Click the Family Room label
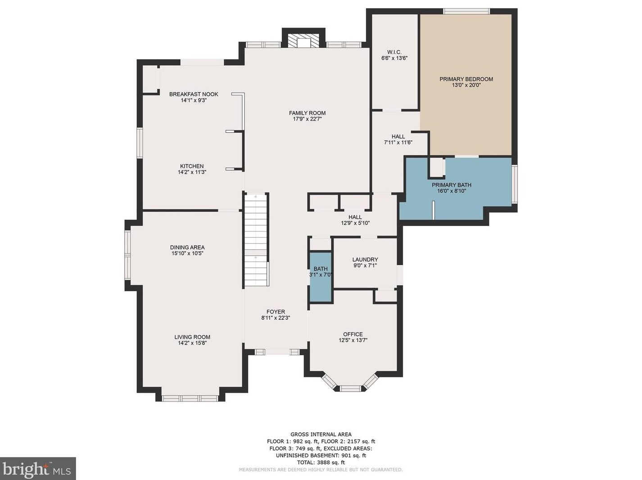307,113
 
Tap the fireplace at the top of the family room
303,41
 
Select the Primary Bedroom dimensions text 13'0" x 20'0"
466,86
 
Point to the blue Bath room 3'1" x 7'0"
321,277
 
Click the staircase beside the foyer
256,240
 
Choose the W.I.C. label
394,52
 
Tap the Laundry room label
365,259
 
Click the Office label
353,334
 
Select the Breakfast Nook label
194,94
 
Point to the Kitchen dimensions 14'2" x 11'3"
192,172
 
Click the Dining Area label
187,248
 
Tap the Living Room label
192,337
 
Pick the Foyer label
276,312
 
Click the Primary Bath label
452,185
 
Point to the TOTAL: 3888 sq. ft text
321,462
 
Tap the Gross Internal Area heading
321,435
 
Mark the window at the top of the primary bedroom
466,11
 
